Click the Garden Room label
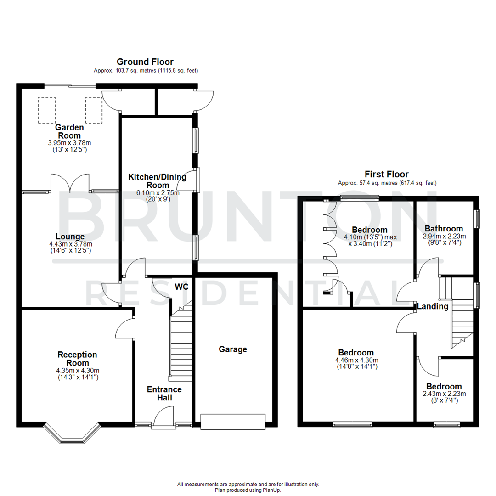click(x=68, y=131)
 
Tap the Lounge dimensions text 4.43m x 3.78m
click(x=70, y=244)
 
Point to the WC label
click(x=182, y=287)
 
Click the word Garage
click(x=232, y=349)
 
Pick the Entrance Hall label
click(x=164, y=394)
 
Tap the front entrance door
click(x=164, y=419)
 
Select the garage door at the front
click(x=233, y=422)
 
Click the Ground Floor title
click(x=145, y=62)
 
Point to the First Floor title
click(x=386, y=174)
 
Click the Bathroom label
click(x=443, y=229)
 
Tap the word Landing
click(x=432, y=306)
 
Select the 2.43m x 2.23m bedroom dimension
click(x=444, y=394)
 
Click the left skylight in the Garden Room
click(x=46, y=110)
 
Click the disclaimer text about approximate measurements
click(x=248, y=484)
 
